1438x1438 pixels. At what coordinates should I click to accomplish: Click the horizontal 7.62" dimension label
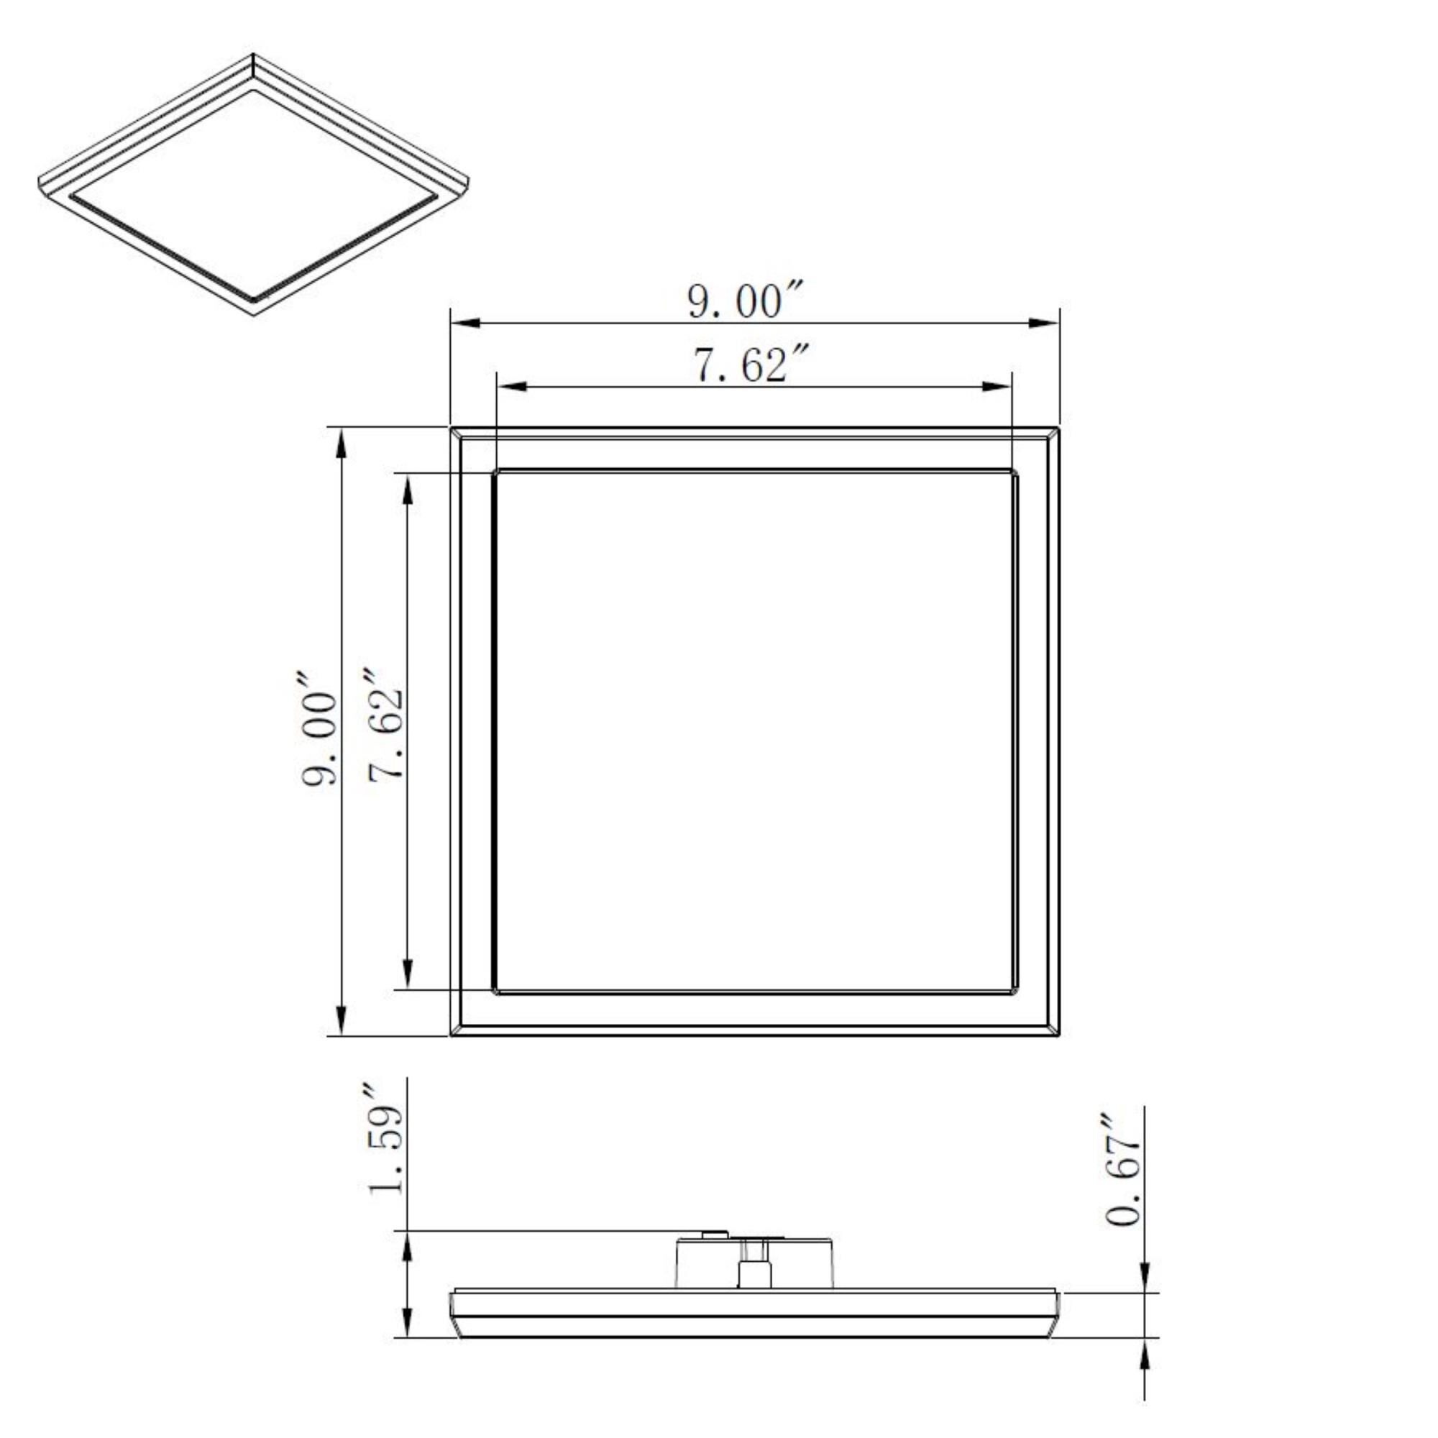click(x=750, y=365)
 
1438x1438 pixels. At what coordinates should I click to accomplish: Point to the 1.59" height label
click(x=385, y=1139)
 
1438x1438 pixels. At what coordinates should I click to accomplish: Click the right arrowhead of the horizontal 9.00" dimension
click(x=1043, y=322)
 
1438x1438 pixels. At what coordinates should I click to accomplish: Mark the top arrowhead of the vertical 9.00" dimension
click(x=341, y=444)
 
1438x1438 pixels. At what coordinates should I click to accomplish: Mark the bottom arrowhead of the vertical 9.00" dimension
click(x=341, y=1018)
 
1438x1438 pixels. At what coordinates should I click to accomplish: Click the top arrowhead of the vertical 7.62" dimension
click(x=407, y=490)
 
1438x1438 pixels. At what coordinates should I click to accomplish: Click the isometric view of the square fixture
click(x=253, y=186)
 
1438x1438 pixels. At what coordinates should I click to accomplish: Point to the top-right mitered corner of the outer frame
click(x=1053, y=433)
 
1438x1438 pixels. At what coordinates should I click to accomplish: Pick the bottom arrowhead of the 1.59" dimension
click(x=406, y=1320)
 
